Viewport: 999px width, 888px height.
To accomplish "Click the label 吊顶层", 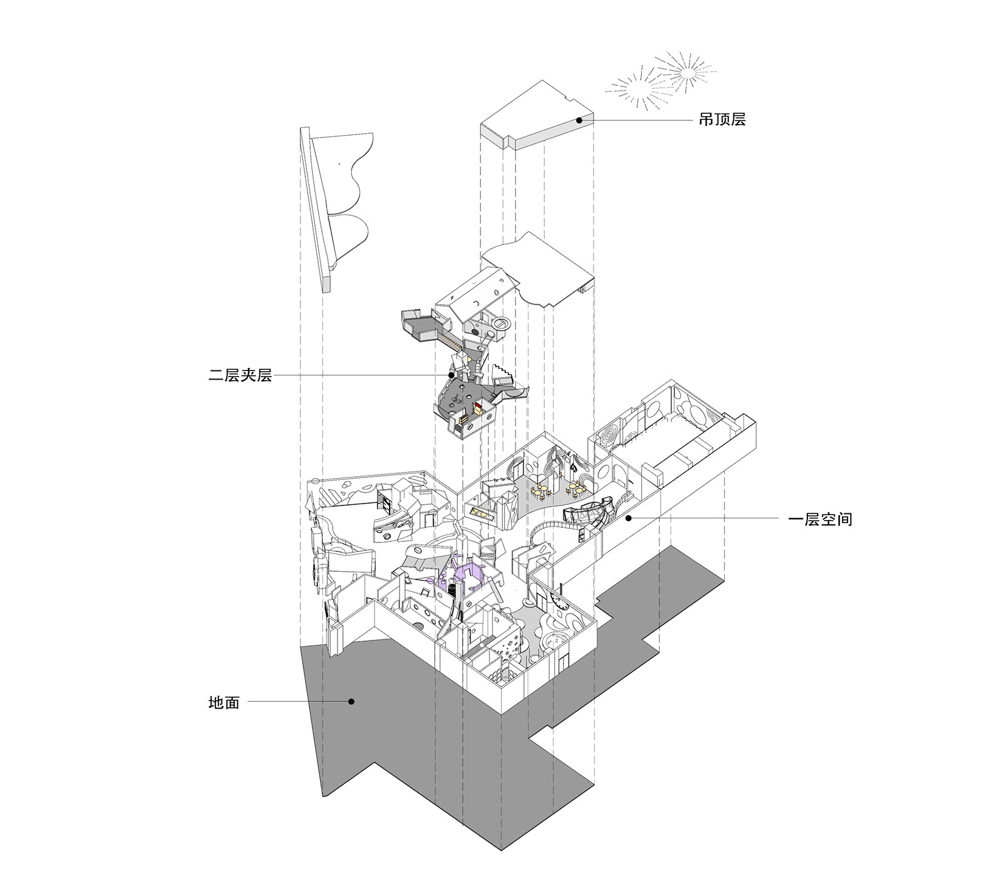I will pos(722,119).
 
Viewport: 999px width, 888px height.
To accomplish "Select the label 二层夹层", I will pos(240,376).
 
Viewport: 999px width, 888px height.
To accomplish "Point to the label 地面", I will pos(224,703).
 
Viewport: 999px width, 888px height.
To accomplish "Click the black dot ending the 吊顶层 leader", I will pos(579,120).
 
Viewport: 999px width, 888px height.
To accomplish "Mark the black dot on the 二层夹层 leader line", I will pos(451,376).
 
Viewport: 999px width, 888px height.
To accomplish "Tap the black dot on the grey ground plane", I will pos(351,701).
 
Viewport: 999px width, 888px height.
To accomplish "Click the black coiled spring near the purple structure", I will pos(452,589).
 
